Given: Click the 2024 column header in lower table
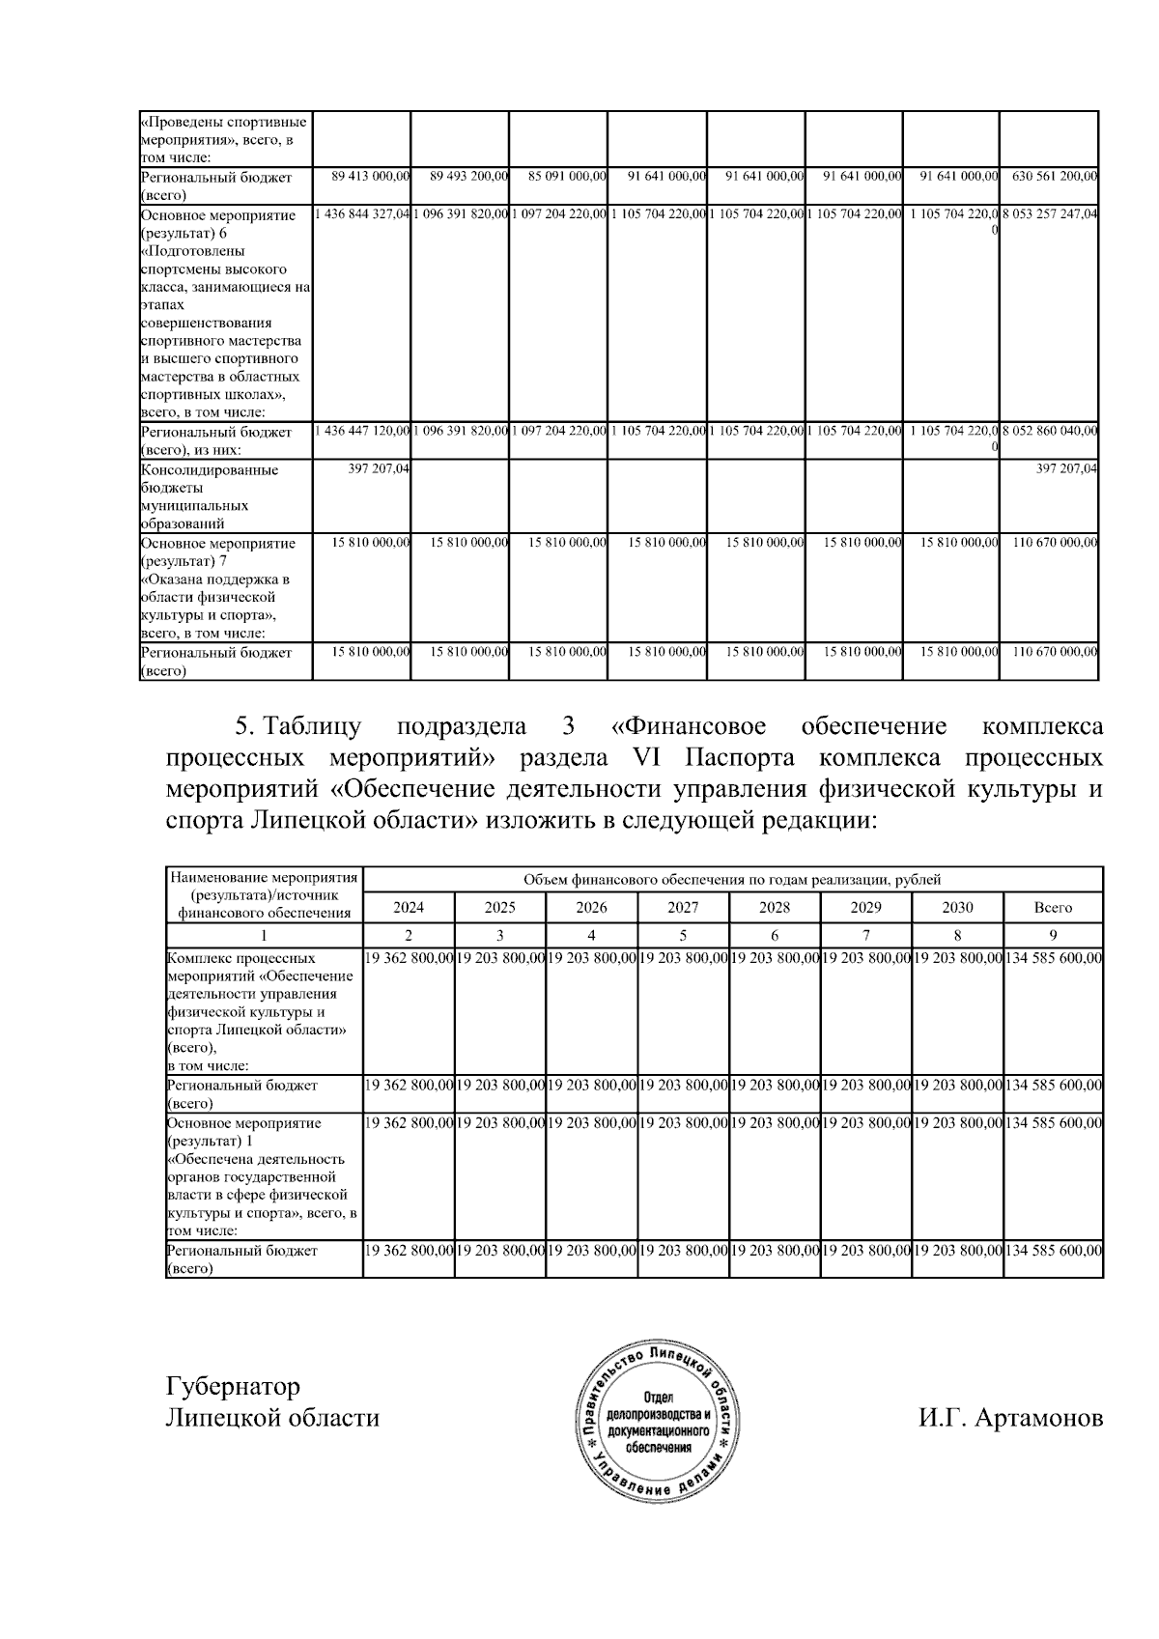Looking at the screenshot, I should [408, 907].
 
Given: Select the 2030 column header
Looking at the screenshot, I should [957, 907].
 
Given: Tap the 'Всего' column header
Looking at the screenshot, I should [1053, 907].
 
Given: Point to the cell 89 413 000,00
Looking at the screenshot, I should [371, 177].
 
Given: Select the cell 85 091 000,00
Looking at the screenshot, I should [567, 177].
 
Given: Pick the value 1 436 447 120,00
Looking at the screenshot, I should [363, 431].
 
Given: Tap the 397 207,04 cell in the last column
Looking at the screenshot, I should [1066, 468].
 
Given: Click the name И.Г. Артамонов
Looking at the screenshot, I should [1010, 1418].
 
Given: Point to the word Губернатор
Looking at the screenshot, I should [233, 1387].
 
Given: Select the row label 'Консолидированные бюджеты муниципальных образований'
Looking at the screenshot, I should [210, 496].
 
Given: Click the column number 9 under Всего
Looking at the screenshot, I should [1053, 935].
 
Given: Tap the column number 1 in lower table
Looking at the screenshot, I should [264, 935].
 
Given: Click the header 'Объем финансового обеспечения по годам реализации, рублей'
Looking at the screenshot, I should [731, 879].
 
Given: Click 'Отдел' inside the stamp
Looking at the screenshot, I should [660, 1399].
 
